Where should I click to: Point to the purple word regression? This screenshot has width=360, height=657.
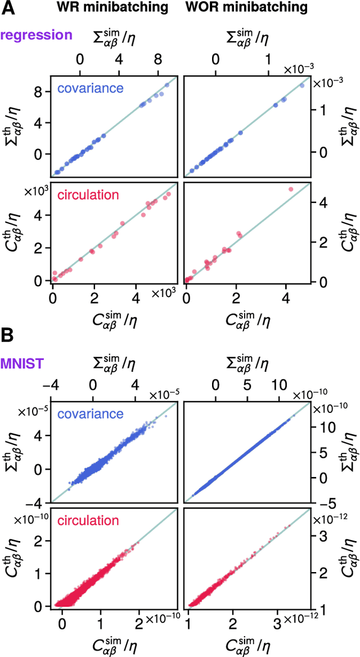click(37, 35)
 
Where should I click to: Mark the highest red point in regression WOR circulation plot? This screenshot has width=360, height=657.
click(291, 189)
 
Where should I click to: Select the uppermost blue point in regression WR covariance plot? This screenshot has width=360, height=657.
click(166, 85)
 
